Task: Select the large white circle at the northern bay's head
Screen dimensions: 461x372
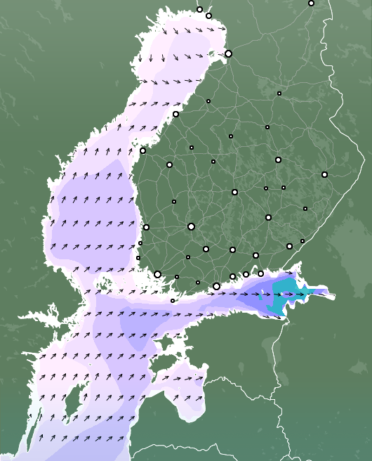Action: [x=228, y=53]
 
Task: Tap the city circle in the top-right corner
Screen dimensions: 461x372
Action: [x=312, y=3]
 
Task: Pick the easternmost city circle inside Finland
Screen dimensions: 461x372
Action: [x=324, y=174]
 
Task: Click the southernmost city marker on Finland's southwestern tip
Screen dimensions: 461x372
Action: [x=173, y=301]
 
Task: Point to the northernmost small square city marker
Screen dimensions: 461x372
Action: [x=279, y=93]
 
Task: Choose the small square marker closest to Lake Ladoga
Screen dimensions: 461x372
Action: [x=303, y=241]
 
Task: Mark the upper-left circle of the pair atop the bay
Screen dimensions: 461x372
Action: [x=199, y=9]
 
